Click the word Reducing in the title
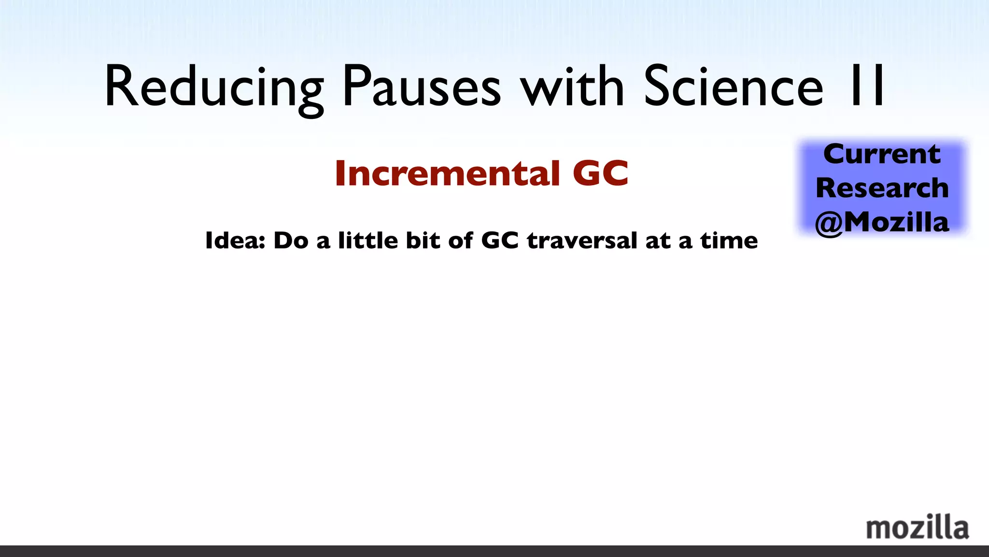pyautogui.click(x=214, y=87)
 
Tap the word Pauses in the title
pyautogui.click(x=422, y=87)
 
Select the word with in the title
pyautogui.click(x=572, y=87)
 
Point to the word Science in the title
pyautogui.click(x=733, y=87)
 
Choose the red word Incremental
pyautogui.click(x=447, y=173)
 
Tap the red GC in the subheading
pyautogui.click(x=600, y=173)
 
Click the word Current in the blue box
pyautogui.click(x=882, y=154)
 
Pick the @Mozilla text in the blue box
pyautogui.click(x=882, y=222)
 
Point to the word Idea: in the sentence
pyautogui.click(x=235, y=241)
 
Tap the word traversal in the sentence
pyautogui.click(x=582, y=241)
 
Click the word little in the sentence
pyautogui.click(x=368, y=241)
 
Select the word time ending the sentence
pyautogui.click(x=729, y=241)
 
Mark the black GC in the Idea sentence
pyautogui.click(x=500, y=241)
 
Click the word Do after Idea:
pyautogui.click(x=291, y=241)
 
